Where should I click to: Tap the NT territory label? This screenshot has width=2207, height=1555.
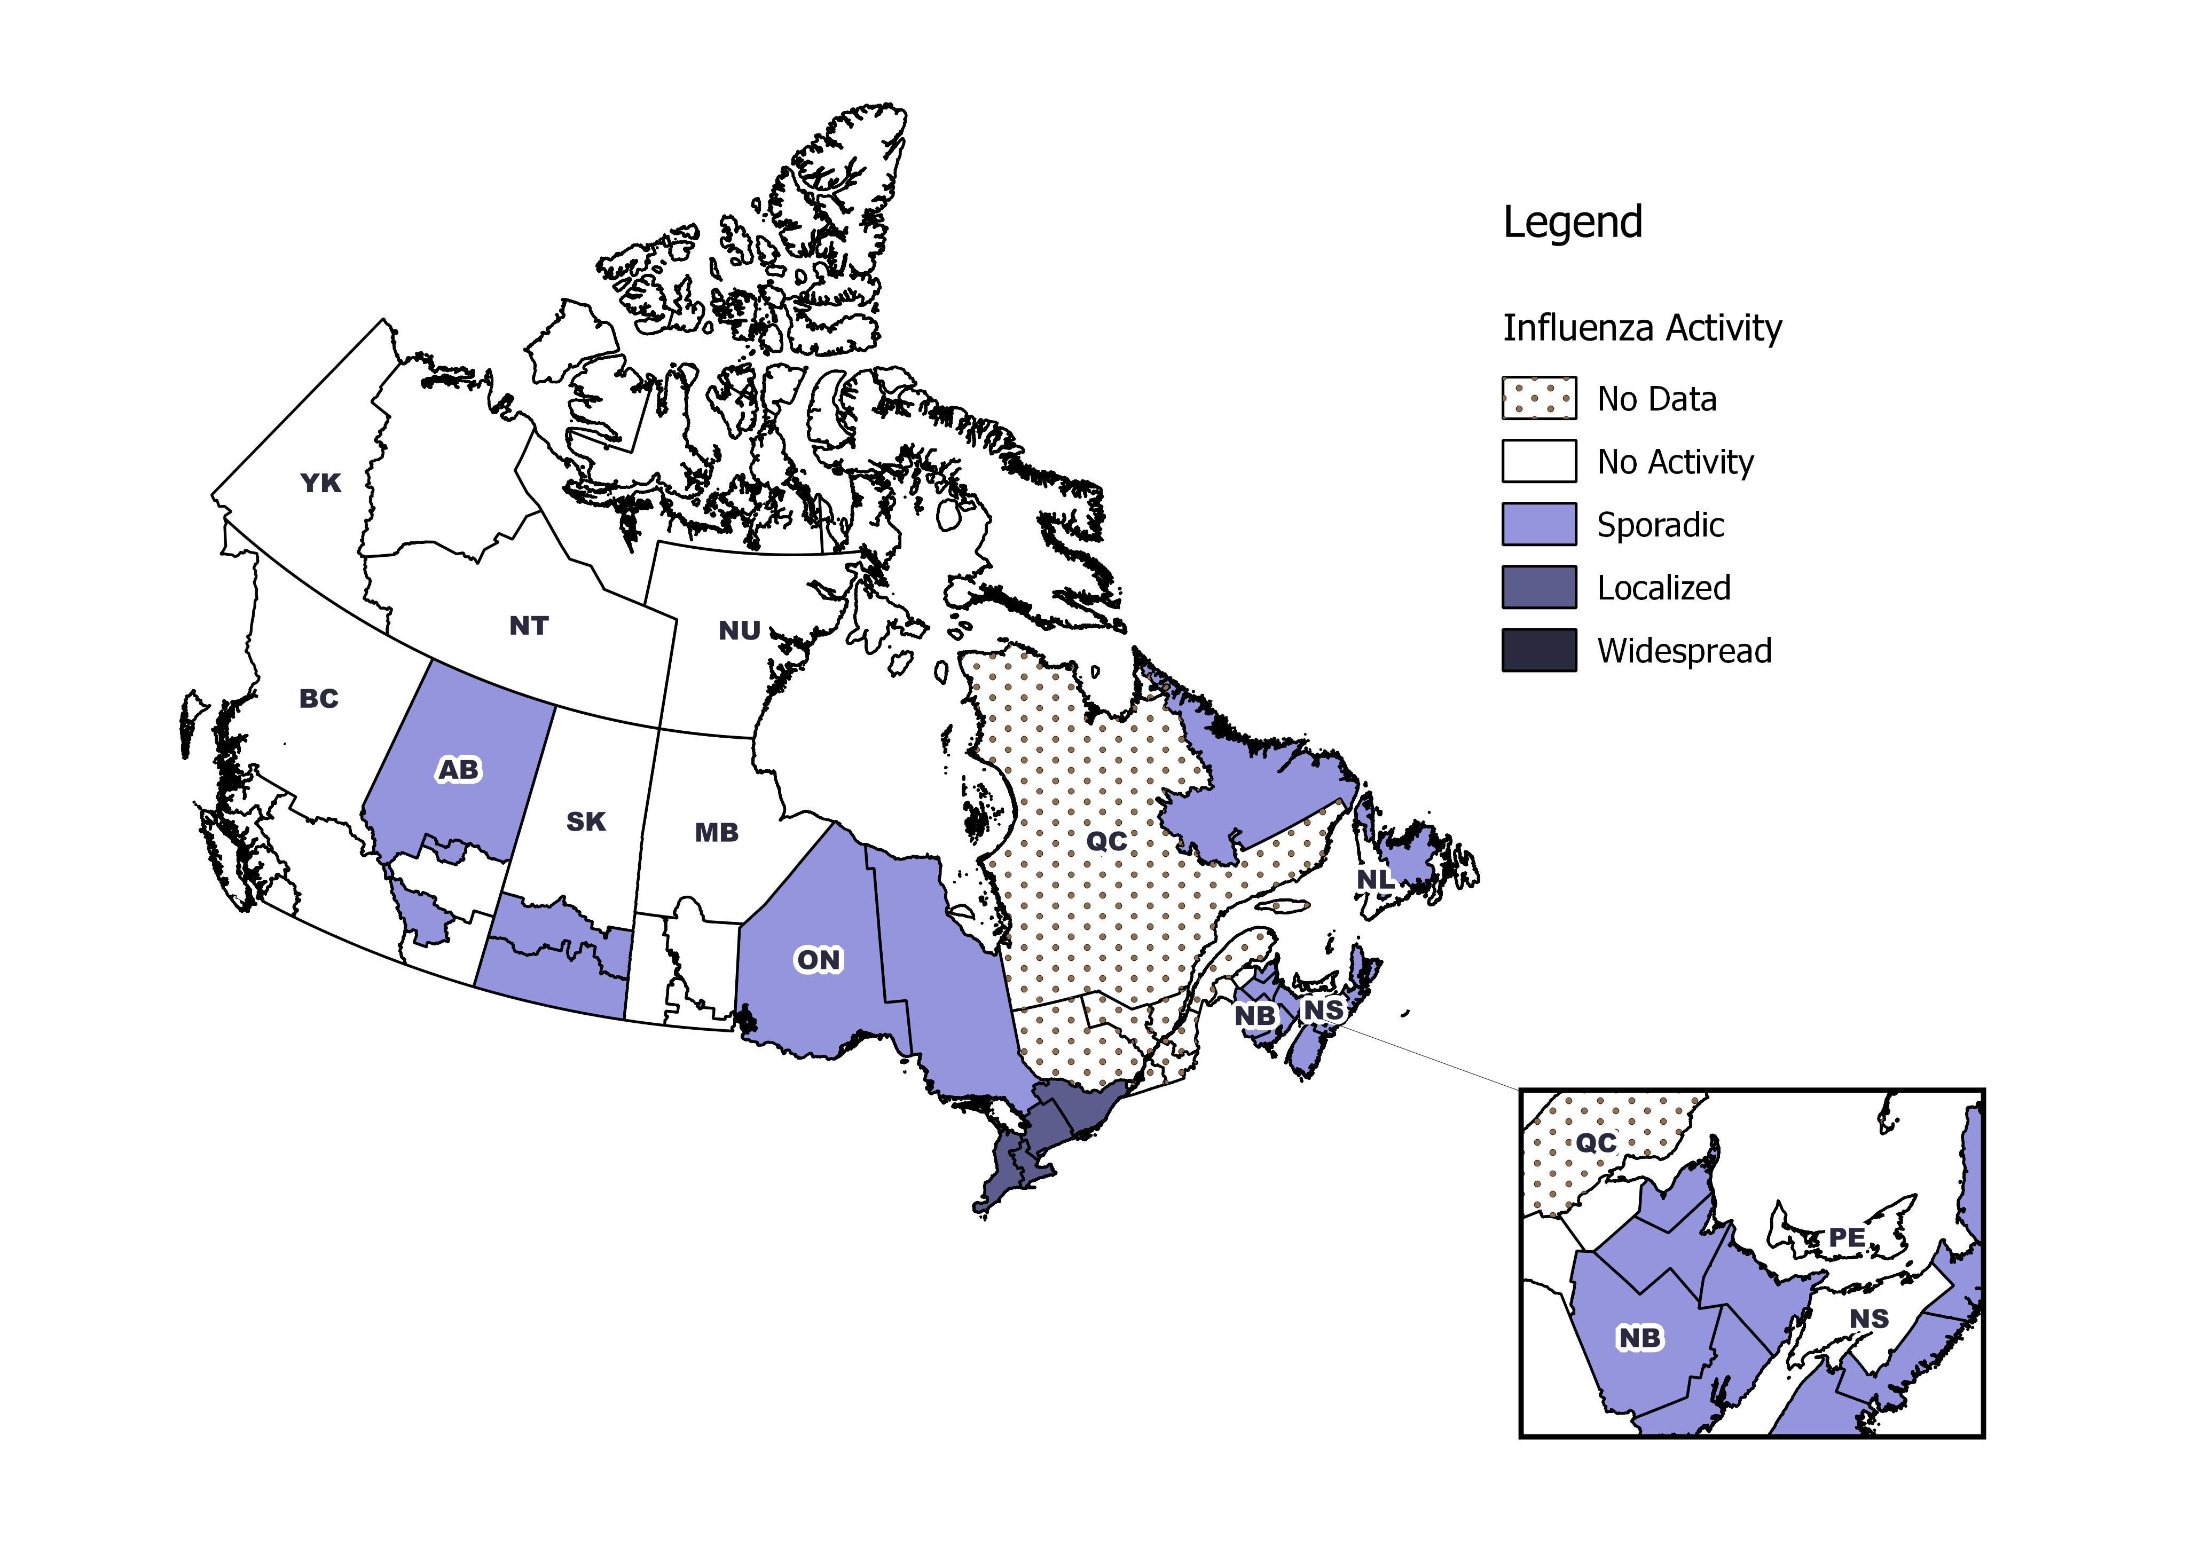529,626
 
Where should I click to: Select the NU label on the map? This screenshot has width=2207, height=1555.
739,630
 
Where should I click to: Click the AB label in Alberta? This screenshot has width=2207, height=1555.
459,770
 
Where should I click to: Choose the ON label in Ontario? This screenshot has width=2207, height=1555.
818,960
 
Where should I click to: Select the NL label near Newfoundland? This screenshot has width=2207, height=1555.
1373,879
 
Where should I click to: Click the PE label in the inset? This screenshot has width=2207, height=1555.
1847,1238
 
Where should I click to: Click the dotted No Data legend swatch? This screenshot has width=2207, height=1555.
1539,398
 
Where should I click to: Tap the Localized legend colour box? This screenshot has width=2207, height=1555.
1539,587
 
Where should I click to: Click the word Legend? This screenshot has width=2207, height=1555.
1573,223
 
